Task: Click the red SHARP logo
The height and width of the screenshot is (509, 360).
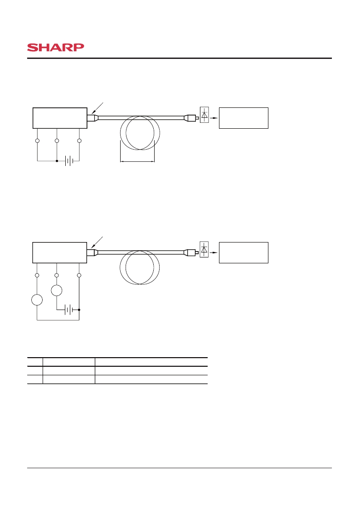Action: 55,48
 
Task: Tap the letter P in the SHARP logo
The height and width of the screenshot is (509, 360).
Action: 79,48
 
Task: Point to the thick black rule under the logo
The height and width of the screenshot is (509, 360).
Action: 180,58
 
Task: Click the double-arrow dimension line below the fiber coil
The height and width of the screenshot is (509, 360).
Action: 137,161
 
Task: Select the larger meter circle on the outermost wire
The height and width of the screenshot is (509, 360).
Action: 37,300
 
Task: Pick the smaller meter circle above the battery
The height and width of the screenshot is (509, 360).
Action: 57,290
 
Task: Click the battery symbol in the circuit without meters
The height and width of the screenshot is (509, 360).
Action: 69,161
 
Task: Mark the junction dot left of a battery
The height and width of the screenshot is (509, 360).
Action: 57,161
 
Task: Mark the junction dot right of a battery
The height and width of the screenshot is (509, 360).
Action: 79,310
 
